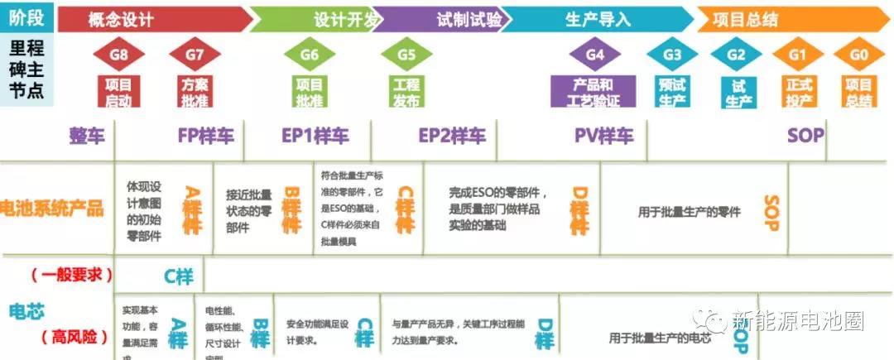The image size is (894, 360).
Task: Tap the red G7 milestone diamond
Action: [195, 55]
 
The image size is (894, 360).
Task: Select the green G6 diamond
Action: [309, 55]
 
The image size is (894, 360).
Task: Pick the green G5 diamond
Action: [406, 55]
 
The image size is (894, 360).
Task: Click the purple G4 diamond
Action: [594, 55]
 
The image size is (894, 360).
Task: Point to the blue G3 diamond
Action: [672, 55]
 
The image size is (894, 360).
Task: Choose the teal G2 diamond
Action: [737, 55]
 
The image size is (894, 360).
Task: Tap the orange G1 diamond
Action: [797, 55]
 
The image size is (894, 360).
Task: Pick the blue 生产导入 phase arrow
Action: [596, 19]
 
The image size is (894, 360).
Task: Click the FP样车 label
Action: [206, 137]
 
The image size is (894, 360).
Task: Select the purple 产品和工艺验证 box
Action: [594, 91]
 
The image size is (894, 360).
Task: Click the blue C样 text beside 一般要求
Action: [179, 276]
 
